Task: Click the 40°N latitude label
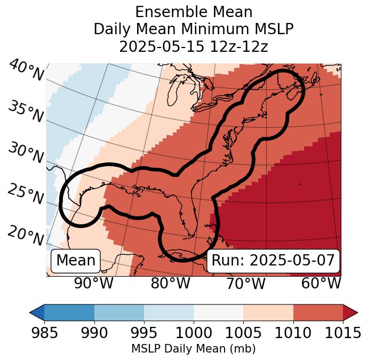26,71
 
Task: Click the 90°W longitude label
93,284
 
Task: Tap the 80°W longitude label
170,284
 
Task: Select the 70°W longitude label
246,284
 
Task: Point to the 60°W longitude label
322,284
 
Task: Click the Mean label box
76,261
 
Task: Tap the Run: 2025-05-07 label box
273,261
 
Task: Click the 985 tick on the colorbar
44,333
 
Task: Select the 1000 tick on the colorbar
194,333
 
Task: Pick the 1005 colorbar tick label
243,333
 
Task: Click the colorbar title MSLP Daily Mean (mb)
193,349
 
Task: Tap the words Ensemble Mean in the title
193,12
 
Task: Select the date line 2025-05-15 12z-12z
193,46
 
